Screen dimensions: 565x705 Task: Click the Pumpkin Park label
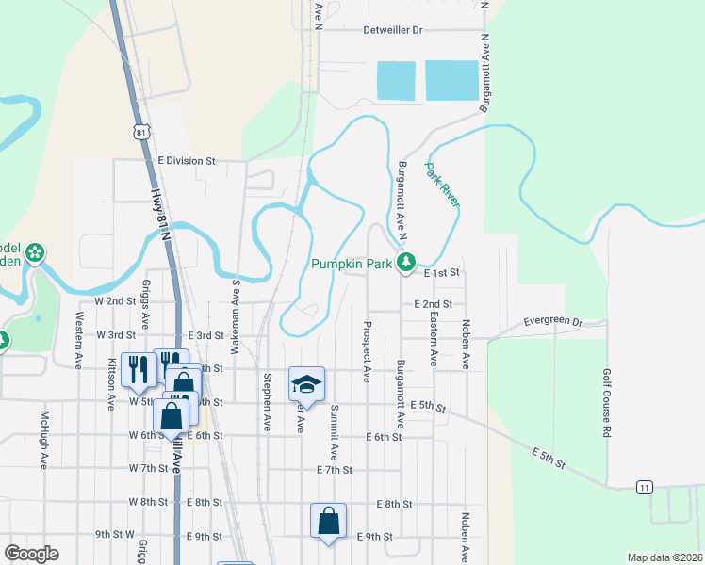coord(352,265)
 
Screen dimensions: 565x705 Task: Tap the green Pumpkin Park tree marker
coord(406,262)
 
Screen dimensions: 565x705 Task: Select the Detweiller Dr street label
coord(408,30)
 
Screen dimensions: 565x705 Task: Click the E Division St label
coord(187,161)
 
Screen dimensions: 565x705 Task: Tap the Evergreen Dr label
coord(553,321)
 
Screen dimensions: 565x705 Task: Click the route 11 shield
coord(645,487)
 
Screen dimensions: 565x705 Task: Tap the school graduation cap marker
coord(306,383)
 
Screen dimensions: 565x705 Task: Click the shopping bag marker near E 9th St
coord(328,520)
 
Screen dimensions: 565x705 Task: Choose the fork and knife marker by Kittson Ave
coord(139,370)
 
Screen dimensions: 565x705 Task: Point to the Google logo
coord(31,554)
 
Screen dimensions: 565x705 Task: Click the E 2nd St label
coord(434,304)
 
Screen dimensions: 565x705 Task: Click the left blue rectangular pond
coord(396,81)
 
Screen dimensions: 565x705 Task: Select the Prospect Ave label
coord(366,350)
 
